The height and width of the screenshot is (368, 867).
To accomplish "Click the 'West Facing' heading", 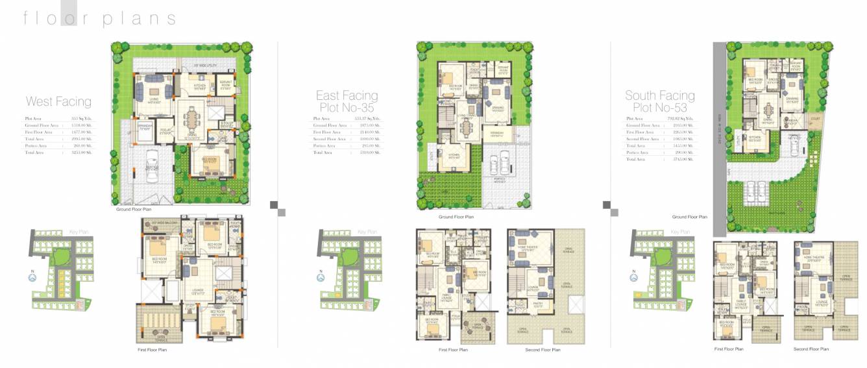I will pyautogui.click(x=58, y=101).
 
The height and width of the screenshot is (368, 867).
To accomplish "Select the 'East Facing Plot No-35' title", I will pyautogui.click(x=347, y=101).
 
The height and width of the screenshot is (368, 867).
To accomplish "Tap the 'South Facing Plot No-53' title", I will pyautogui.click(x=659, y=101).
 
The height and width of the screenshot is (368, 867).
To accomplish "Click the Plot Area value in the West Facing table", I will pyautogui.click(x=82, y=119).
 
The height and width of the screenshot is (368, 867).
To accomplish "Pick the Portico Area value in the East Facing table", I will pyautogui.click(x=371, y=145).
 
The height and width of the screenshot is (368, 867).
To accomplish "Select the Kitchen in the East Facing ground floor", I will pyautogui.click(x=454, y=156).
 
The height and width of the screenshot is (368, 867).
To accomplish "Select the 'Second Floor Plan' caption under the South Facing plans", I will pyautogui.click(x=811, y=349).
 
